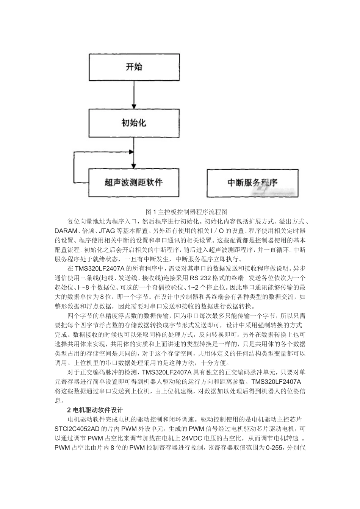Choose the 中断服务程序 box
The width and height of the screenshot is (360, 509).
point(252,183)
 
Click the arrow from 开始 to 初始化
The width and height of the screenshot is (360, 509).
point(133,95)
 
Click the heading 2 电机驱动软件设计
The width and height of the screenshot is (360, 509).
point(95,410)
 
